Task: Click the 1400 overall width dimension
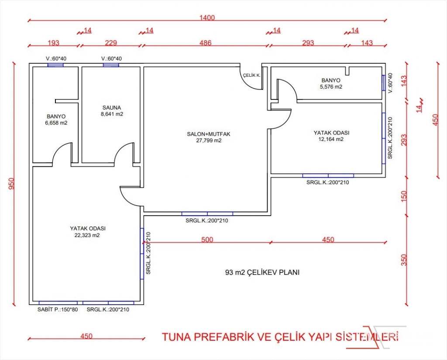click(x=207, y=17)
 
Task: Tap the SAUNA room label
click(x=112, y=107)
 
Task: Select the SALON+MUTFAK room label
click(x=209, y=134)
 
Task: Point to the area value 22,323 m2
click(x=87, y=235)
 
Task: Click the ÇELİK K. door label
click(x=252, y=75)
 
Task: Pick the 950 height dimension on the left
click(x=11, y=184)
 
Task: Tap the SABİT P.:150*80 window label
click(x=58, y=309)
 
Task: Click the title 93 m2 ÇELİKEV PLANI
click(x=262, y=272)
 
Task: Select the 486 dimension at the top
click(x=205, y=43)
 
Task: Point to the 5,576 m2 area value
click(x=331, y=87)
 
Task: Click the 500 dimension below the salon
click(x=207, y=240)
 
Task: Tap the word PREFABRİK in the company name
click(x=223, y=337)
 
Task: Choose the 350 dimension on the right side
click(x=404, y=260)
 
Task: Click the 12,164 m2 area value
click(x=331, y=139)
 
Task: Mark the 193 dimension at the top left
click(x=53, y=43)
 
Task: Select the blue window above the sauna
click(x=111, y=65)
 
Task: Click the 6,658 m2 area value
click(x=56, y=123)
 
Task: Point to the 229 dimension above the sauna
click(x=111, y=43)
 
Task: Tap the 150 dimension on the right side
click(x=404, y=196)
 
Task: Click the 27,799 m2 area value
click(x=209, y=141)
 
